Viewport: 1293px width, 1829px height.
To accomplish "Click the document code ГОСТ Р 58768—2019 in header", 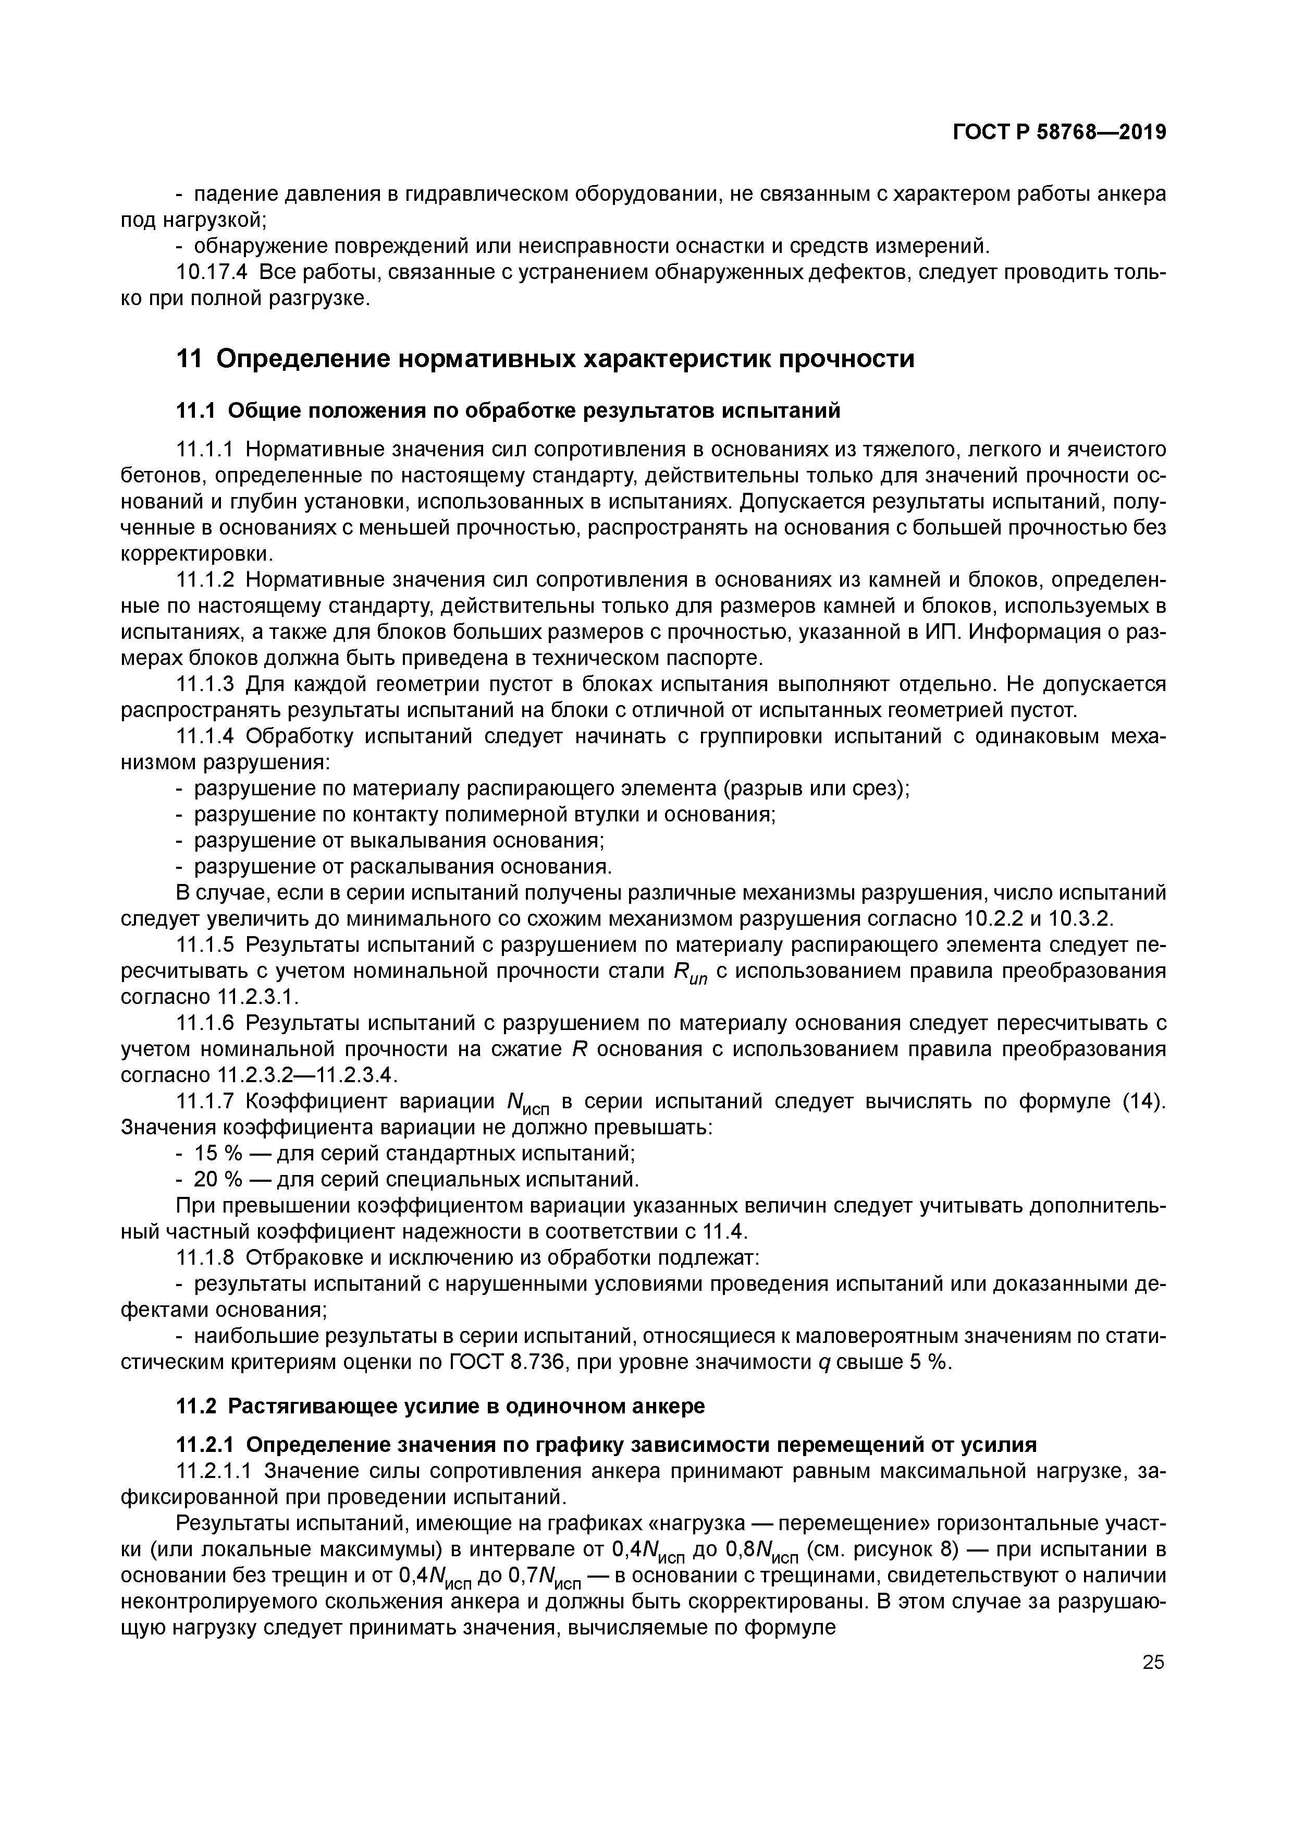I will click(x=1059, y=132).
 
